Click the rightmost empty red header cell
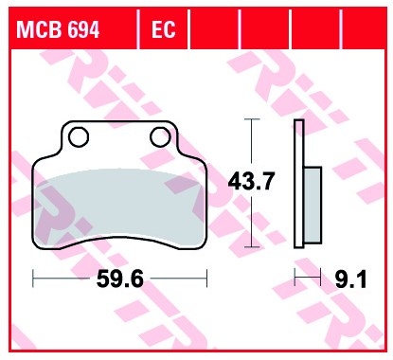pyautogui.click(x=363, y=29)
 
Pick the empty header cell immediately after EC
pyautogui.click(x=212, y=29)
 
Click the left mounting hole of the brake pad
pyautogui.click(x=79, y=137)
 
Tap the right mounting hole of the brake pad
pyautogui.click(x=159, y=137)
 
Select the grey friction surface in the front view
pyautogui.click(x=119, y=204)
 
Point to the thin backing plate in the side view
pyautogui.click(x=299, y=185)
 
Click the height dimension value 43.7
pyautogui.click(x=250, y=182)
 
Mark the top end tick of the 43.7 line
pyautogui.click(x=250, y=119)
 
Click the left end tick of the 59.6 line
pyautogui.click(x=33, y=278)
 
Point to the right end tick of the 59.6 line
pyautogui.click(x=205, y=278)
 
